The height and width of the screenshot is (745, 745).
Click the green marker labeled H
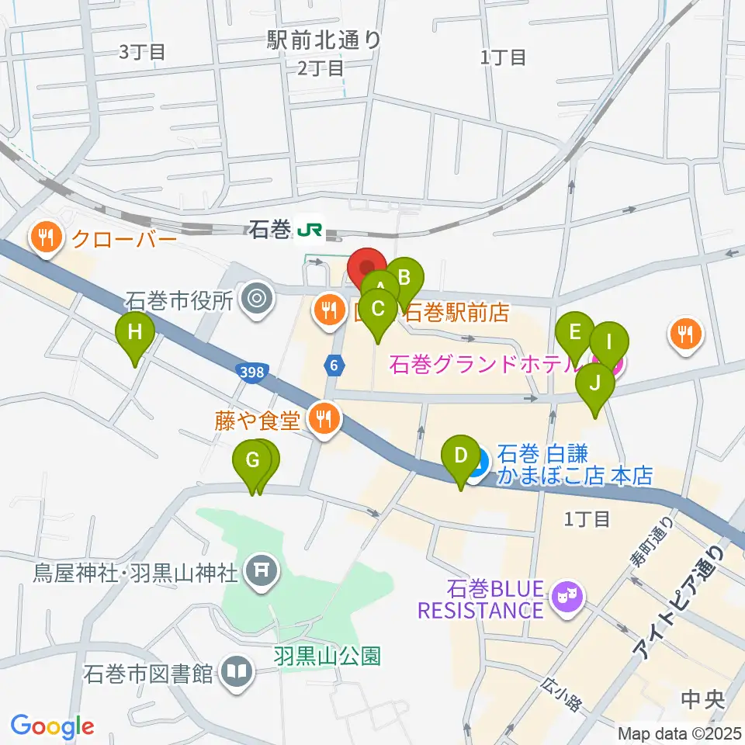(x=135, y=334)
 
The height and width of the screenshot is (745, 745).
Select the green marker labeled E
(x=575, y=334)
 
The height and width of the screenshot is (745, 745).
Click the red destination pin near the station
(x=366, y=268)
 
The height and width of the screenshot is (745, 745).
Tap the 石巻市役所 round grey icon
(x=257, y=298)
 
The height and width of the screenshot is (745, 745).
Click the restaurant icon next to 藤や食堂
(x=324, y=421)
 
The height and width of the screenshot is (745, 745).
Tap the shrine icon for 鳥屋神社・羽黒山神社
(x=261, y=573)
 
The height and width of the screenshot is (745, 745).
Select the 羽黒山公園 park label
(x=327, y=657)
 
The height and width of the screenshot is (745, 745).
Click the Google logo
(x=52, y=726)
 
